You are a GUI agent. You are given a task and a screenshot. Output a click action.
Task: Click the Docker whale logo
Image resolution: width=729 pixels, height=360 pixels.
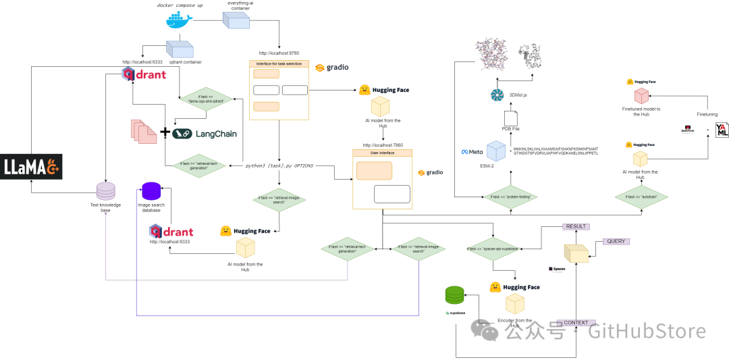179,19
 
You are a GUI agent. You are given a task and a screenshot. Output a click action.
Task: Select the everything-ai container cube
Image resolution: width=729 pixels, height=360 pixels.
236,21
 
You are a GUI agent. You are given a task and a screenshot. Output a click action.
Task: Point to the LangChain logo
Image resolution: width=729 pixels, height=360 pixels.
205,134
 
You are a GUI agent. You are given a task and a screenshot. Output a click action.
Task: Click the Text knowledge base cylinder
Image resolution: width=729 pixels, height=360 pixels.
106,191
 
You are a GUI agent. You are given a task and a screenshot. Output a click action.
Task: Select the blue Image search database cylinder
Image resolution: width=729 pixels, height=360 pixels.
151,191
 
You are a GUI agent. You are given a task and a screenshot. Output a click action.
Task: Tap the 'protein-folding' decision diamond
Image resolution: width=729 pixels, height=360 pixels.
510,197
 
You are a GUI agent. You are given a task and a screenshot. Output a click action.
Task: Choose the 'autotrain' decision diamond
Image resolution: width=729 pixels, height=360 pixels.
641,197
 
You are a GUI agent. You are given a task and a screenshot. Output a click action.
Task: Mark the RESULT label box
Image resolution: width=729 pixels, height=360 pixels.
576,226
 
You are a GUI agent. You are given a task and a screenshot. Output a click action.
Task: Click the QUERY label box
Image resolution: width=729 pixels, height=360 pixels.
615,241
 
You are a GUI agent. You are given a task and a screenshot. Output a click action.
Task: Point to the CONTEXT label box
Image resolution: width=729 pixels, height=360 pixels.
576,323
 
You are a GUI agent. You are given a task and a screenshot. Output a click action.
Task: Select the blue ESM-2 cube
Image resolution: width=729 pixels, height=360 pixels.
496,151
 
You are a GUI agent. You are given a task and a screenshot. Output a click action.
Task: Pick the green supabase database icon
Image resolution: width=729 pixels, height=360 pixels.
455,295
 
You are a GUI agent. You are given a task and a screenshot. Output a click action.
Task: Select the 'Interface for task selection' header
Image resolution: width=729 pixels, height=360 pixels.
279,64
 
